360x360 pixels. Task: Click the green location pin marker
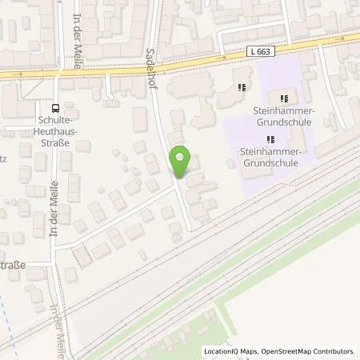coord(181,162)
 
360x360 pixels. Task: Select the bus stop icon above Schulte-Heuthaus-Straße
coord(55,108)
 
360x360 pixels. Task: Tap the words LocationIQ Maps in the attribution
coord(229,351)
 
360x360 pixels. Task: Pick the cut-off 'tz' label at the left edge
coord(4,160)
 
